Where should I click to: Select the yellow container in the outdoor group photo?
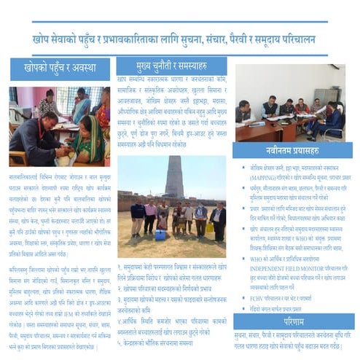click(210, 227)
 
